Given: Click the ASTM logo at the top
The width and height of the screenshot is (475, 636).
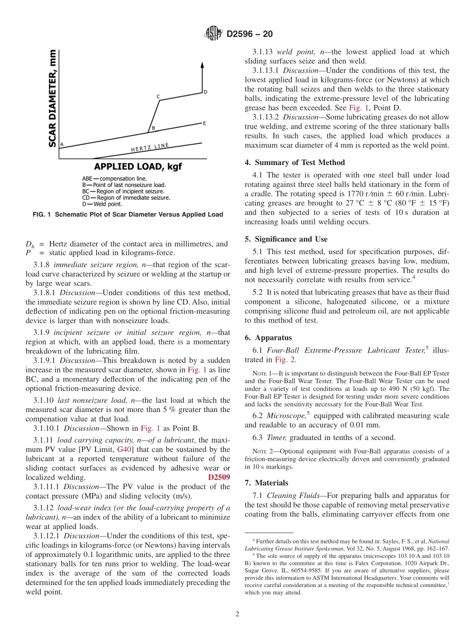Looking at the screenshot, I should [213, 34].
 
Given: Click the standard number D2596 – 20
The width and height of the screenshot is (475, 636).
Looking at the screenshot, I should [249, 34].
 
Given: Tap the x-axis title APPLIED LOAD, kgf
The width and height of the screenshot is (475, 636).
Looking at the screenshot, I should [137, 166].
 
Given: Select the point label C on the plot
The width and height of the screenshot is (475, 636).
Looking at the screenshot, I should [158, 96].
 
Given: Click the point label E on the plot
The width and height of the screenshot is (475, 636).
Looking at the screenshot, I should [204, 123].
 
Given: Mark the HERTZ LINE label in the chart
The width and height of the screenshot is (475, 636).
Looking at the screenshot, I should [150, 147].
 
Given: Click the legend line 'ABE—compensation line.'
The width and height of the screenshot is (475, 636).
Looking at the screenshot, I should [114, 178].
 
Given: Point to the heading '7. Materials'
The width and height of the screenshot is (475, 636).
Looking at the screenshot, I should [271, 482].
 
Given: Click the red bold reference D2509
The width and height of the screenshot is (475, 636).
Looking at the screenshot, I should [219, 477].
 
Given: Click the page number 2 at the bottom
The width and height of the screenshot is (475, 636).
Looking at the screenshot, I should [237, 614].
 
